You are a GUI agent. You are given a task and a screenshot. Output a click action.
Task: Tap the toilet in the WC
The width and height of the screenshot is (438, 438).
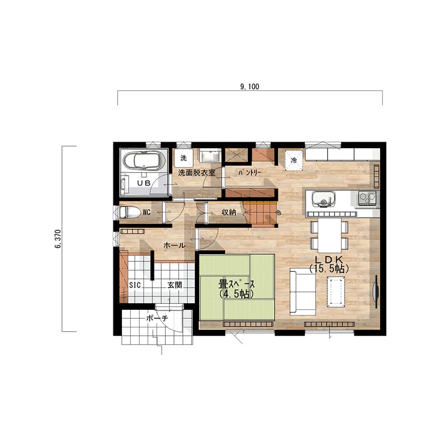130,212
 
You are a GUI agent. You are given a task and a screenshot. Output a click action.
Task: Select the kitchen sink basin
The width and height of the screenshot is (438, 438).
323,199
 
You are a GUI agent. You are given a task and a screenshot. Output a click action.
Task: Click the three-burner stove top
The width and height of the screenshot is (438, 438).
367,198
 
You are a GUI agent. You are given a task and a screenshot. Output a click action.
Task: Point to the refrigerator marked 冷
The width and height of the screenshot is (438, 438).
294,160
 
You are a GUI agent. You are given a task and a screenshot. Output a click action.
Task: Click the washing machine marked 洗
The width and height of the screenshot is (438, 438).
183,158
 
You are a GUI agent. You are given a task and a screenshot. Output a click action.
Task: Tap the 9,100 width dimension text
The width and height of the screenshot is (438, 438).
249,87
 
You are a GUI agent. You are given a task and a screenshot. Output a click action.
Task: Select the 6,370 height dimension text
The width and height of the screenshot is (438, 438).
58,239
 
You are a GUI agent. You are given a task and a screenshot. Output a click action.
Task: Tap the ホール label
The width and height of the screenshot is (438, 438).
174,245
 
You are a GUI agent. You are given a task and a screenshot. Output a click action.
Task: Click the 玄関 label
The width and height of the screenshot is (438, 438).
175,285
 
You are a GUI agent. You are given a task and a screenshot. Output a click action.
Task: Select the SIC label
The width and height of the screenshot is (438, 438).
135,285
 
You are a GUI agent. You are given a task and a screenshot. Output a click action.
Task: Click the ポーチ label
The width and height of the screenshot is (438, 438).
157,318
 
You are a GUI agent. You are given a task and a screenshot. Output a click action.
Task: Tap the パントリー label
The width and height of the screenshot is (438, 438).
249,173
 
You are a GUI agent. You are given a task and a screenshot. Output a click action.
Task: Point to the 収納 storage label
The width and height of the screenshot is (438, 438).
229,212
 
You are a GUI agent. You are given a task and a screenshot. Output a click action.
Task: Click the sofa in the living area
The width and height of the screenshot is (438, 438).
303,292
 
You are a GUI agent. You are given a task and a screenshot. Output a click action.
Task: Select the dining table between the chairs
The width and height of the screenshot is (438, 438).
330,235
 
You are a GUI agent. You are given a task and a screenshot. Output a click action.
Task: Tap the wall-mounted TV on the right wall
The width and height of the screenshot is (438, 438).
376,292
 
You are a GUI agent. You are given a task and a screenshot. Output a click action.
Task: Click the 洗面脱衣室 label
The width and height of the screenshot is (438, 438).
197,173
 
